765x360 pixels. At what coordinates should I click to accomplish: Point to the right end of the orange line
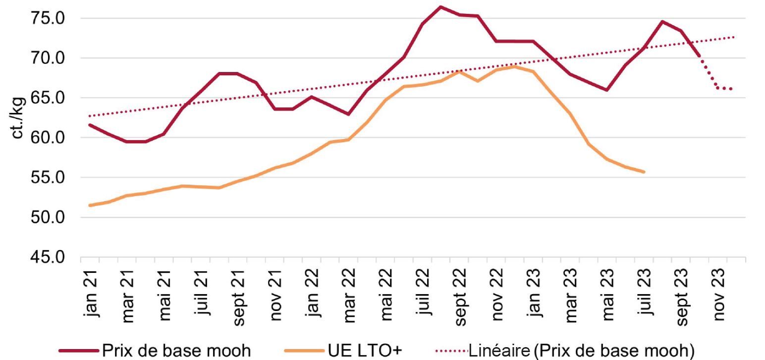pyautogui.click(x=644, y=172)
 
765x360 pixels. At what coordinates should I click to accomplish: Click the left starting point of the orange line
pyautogui.click(x=90, y=205)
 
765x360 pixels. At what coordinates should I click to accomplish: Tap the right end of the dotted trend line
pyautogui.click(x=734, y=37)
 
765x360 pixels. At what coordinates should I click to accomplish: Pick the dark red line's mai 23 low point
pyautogui.click(x=607, y=90)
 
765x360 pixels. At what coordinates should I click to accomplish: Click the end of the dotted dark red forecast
pyautogui.click(x=731, y=89)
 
